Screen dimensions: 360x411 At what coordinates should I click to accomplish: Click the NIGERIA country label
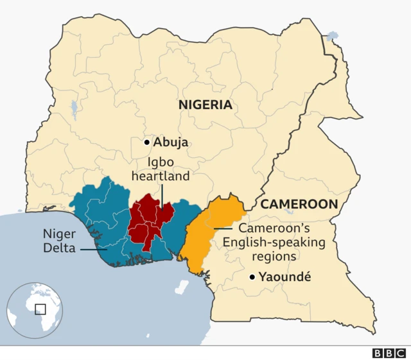click(205, 105)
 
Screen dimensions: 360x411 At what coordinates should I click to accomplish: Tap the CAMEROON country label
click(299, 204)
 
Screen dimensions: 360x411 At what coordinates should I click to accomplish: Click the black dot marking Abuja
click(147, 142)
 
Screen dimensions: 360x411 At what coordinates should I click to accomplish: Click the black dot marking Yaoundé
click(253, 277)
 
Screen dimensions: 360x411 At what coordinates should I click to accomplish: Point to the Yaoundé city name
click(285, 277)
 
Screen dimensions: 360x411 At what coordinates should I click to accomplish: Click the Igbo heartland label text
click(161, 168)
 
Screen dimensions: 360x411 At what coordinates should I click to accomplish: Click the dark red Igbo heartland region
click(149, 221)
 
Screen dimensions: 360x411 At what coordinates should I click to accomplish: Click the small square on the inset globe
click(40, 309)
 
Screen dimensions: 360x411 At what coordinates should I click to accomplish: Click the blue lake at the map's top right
click(331, 36)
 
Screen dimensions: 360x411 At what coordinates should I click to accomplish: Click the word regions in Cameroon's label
click(274, 256)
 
